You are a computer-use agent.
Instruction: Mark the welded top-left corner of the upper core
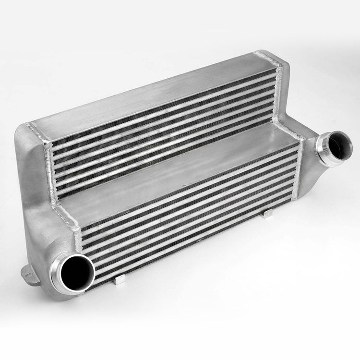(x=36, y=127)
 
